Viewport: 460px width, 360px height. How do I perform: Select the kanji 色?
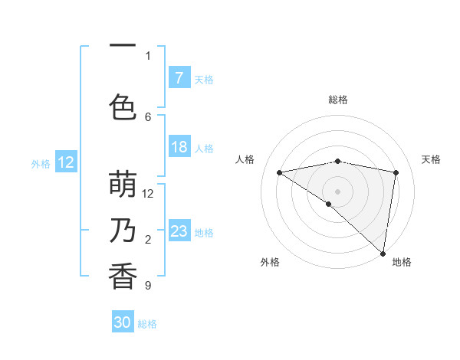coord(123,106)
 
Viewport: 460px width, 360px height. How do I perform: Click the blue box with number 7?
coord(179,78)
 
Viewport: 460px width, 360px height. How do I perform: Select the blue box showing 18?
coord(179,147)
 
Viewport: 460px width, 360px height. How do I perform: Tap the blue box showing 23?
coord(179,231)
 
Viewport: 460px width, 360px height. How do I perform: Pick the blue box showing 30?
coord(123,322)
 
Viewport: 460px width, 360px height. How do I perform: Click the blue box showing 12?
coord(66,162)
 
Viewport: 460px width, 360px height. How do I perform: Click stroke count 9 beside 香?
coord(148,286)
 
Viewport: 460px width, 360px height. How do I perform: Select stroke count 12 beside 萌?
coord(149,194)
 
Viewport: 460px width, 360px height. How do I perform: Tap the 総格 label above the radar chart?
coord(338,100)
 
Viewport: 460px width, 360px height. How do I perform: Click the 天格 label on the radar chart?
coord(431,159)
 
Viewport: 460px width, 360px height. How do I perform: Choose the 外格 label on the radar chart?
coord(269,262)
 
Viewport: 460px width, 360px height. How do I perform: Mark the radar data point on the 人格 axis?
coord(280,172)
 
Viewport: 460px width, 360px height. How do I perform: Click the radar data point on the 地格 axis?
coord(383,253)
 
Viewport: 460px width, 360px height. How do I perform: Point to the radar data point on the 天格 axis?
coord(396,172)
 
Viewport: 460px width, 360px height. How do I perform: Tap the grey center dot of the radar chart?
coord(337,191)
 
